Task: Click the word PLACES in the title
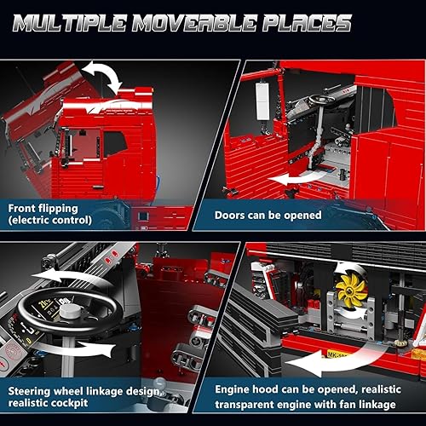pyautogui.click(x=299, y=21)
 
